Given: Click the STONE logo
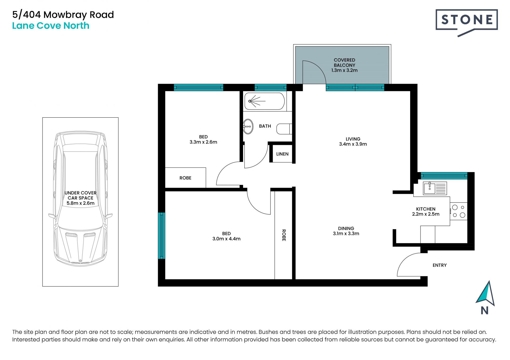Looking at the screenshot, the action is [x=466, y=22].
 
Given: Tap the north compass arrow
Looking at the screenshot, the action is [x=486, y=293].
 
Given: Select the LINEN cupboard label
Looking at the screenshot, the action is [x=282, y=154].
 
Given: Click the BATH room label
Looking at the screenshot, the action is [x=265, y=126].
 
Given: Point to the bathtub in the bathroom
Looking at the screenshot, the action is [x=264, y=101].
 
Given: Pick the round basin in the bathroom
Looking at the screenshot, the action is [x=248, y=127].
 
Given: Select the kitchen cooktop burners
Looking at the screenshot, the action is [x=458, y=211].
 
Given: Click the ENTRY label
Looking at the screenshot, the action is [x=439, y=265].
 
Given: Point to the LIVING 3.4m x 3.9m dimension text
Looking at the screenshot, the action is [x=353, y=142].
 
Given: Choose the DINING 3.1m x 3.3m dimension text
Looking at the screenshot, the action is [x=346, y=231].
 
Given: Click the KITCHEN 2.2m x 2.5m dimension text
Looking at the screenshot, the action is [x=426, y=212].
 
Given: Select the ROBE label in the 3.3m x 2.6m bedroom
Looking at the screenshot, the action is [x=185, y=178].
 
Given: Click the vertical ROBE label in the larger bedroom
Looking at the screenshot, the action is [x=284, y=235].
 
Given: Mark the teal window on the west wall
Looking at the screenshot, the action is [x=161, y=236].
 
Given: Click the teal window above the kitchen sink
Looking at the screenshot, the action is [x=444, y=176].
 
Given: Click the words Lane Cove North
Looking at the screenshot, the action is [x=51, y=26].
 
